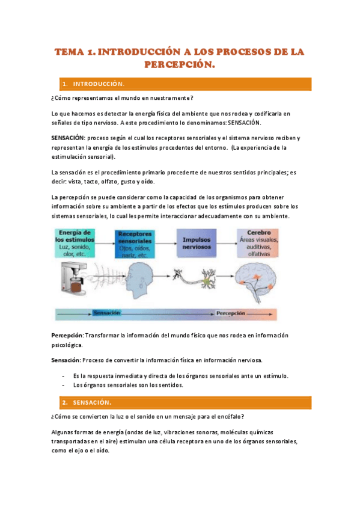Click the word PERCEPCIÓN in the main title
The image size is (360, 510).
(180, 64)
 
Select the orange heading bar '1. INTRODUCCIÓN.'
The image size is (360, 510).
(181, 84)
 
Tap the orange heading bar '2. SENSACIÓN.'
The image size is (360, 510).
(181, 402)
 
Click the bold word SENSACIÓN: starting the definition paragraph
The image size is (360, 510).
(68, 138)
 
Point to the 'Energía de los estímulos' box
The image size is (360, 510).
(75, 242)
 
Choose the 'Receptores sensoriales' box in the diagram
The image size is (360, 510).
(134, 243)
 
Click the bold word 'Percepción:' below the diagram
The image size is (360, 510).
(68, 335)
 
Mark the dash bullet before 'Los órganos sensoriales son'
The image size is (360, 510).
(64, 385)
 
